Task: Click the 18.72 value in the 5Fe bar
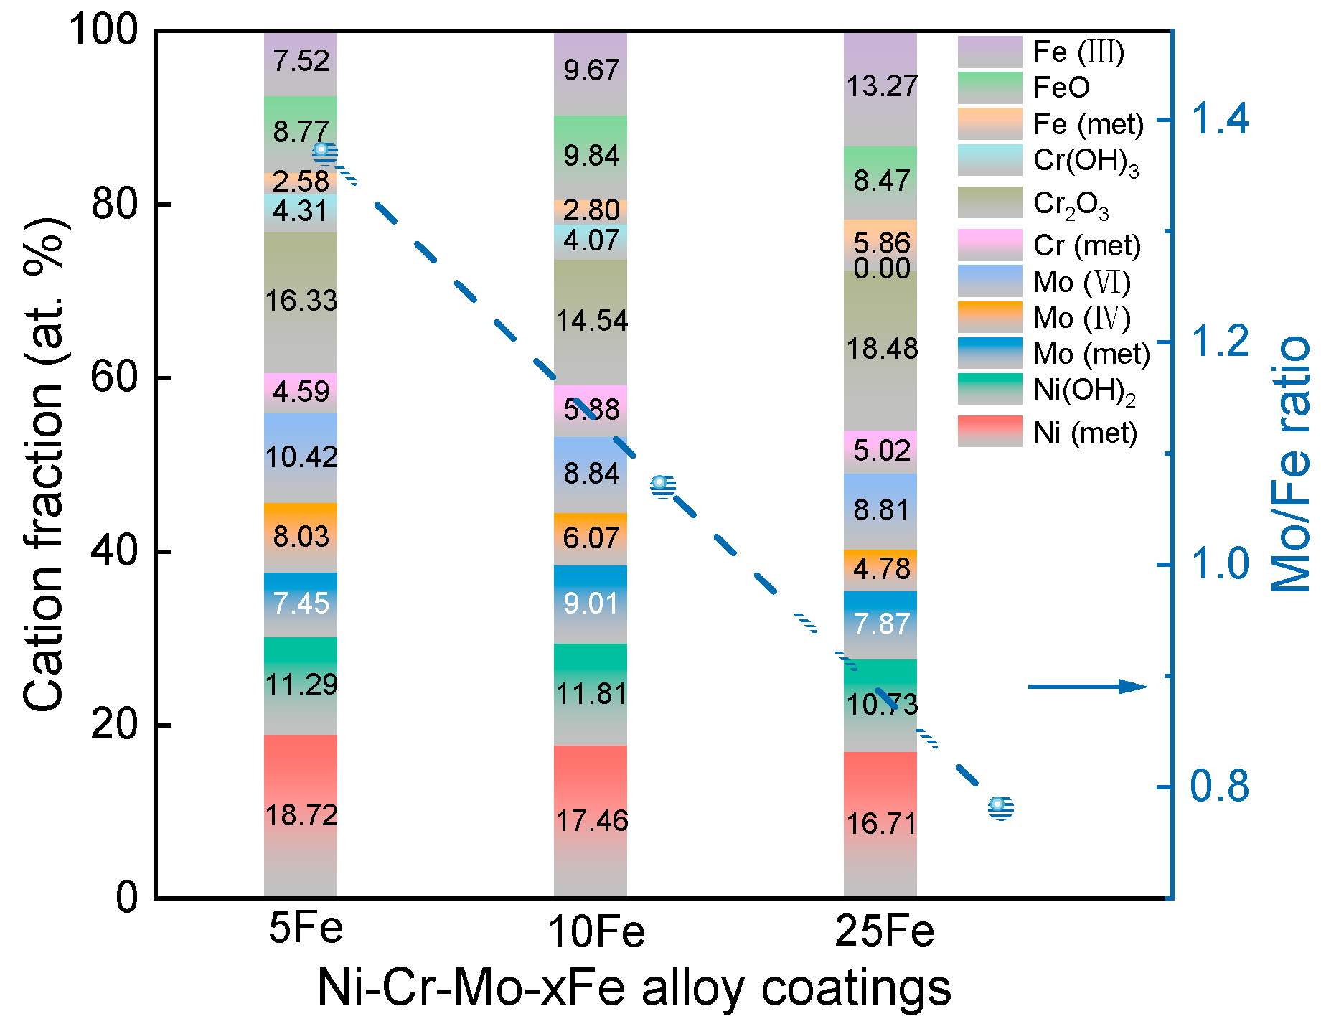coord(301,815)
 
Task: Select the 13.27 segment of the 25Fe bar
coord(881,86)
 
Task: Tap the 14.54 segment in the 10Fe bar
coord(591,320)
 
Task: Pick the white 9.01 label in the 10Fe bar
coord(591,603)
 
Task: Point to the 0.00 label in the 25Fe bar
coord(881,268)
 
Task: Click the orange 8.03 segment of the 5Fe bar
coord(301,537)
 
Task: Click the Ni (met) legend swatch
coord(989,431)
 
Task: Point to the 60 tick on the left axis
coord(114,377)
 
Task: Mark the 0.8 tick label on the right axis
coord(1219,786)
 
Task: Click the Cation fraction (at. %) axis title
coord(44,464)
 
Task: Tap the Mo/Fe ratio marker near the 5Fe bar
coord(325,153)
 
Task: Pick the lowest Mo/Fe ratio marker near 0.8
coord(1000,807)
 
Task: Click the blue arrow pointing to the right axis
coord(1088,687)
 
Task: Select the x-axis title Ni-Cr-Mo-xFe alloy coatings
coord(634,988)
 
